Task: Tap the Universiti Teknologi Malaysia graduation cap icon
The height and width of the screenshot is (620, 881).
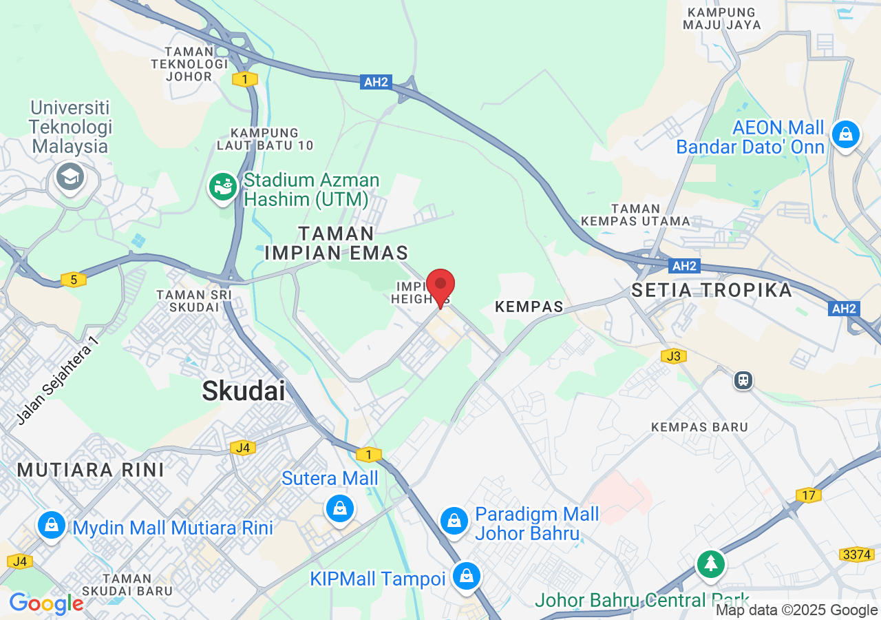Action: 70,177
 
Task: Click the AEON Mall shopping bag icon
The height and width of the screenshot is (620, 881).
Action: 845,134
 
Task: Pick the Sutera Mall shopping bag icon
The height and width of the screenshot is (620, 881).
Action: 339,509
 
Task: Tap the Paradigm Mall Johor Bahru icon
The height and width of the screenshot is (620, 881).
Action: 454,520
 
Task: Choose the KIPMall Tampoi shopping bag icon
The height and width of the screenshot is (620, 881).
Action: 467,575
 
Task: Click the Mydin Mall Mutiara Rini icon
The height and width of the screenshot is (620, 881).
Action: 52,526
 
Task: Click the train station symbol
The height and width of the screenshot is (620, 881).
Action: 743,380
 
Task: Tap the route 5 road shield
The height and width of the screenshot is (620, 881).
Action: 73,279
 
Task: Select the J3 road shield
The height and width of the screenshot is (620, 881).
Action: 673,356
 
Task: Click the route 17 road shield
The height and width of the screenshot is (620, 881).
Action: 808,495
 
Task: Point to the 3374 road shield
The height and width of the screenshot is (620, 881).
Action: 856,555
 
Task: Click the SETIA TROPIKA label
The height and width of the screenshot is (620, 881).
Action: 712,290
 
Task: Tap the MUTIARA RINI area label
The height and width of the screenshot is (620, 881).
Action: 91,470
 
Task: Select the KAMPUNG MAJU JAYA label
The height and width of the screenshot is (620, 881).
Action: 722,19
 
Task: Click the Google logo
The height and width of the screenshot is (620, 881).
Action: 46,604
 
